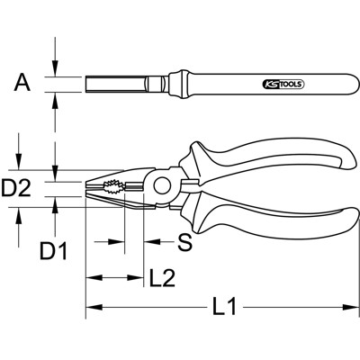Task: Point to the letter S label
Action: [x=183, y=242]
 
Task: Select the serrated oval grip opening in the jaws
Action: [x=114, y=190]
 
